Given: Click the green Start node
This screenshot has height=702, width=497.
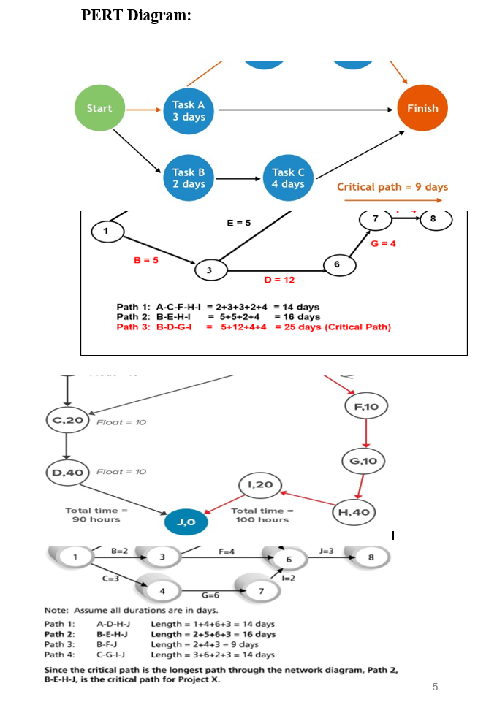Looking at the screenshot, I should pyautogui.click(x=99, y=109).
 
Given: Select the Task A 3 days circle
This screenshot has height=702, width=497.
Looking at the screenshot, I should pyautogui.click(x=189, y=111).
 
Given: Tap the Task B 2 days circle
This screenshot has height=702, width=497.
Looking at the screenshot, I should pyautogui.click(x=189, y=178).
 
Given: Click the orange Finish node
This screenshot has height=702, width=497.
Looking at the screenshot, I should pyautogui.click(x=422, y=109).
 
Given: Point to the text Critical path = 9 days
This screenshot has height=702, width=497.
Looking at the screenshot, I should pyautogui.click(x=392, y=187).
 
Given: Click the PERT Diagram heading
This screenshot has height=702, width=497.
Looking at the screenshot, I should pyautogui.click(x=136, y=16).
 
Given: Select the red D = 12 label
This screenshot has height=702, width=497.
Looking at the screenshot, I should pyautogui.click(x=279, y=279).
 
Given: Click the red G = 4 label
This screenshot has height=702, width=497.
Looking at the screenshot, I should pyautogui.click(x=384, y=243).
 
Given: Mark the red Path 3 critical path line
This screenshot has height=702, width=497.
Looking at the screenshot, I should pyautogui.click(x=254, y=327).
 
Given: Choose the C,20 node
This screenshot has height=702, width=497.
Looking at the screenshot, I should pyautogui.click(x=67, y=421).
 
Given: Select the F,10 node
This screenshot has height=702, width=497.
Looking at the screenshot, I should pyautogui.click(x=365, y=405).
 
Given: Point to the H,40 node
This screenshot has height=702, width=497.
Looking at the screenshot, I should pyautogui.click(x=355, y=512).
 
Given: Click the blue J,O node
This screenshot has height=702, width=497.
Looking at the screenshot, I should pyautogui.click(x=185, y=522).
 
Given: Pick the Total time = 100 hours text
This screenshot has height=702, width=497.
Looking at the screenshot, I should pyautogui.click(x=261, y=514).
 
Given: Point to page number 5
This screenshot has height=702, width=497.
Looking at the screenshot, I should pyautogui.click(x=435, y=686).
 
